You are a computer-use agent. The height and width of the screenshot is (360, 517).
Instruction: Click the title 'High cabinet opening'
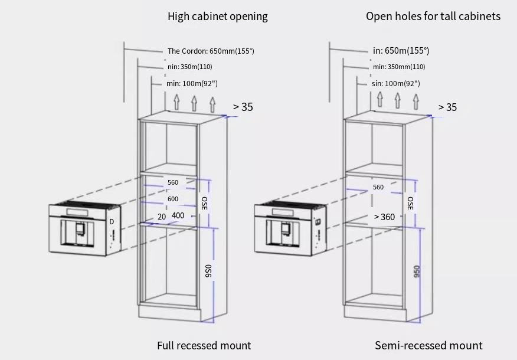[x=218, y=16]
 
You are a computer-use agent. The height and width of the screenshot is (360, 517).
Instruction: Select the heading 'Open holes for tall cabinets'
[x=433, y=16]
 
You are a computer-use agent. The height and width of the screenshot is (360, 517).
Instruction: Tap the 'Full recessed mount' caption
[x=204, y=345]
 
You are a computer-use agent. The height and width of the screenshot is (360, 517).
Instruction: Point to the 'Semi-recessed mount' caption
[x=428, y=345]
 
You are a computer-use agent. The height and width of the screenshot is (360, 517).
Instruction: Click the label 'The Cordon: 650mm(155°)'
[x=211, y=51]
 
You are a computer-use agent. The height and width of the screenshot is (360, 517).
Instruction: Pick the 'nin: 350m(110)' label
[x=190, y=67]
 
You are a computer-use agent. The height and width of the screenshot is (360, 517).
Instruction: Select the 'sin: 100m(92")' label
[x=396, y=83]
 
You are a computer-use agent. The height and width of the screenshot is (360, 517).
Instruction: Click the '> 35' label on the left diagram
[x=243, y=107]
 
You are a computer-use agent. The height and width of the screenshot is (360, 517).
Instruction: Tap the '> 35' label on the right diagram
[x=448, y=107]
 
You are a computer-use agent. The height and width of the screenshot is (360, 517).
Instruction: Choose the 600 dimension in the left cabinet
[x=173, y=199]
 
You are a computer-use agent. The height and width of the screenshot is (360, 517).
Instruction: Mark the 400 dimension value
[x=178, y=215]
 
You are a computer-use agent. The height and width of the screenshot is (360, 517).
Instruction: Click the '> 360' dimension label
[x=384, y=217]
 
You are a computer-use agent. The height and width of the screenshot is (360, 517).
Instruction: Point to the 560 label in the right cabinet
[x=378, y=187]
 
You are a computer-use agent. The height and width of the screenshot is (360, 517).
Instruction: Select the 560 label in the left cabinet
[x=173, y=182]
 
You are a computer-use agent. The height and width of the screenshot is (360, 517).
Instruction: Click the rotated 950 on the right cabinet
[x=417, y=271]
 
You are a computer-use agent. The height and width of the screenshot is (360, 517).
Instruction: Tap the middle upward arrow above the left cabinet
[x=194, y=103]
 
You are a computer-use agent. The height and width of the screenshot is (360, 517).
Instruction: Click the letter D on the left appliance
[x=112, y=222]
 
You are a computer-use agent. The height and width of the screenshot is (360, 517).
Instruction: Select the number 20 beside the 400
[x=162, y=217]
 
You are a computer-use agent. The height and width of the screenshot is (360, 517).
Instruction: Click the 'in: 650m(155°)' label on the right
[x=401, y=51]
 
